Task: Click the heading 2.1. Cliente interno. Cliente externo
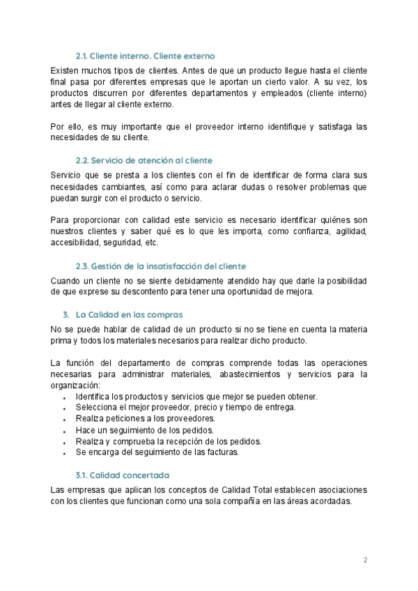[x=145, y=55]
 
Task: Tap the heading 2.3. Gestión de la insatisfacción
[x=160, y=266]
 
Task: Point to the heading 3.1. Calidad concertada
[x=122, y=475]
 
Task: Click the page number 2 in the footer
[x=365, y=560]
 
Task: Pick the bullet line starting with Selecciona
[x=185, y=408]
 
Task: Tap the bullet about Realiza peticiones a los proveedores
[x=145, y=419]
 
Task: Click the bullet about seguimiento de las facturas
[x=157, y=452]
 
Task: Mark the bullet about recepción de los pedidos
[x=168, y=441]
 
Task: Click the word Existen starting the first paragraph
[x=65, y=70]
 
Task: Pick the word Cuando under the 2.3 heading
[x=66, y=280]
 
